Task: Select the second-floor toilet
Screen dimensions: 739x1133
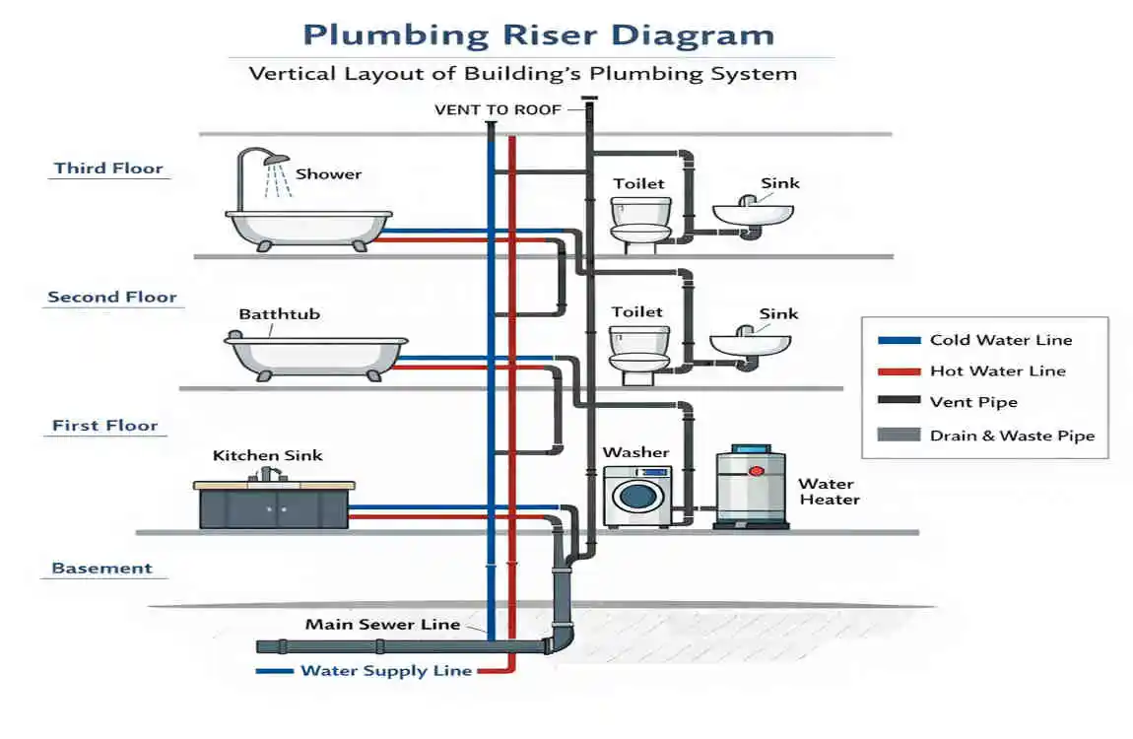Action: coord(639,350)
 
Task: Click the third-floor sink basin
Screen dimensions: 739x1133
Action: coord(754,213)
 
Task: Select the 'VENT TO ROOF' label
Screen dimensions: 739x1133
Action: coord(498,110)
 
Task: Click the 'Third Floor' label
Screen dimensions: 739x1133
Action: coord(108,168)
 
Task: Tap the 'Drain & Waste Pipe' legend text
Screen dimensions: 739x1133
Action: coord(1012,436)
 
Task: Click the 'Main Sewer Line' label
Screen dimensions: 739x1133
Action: coord(382,624)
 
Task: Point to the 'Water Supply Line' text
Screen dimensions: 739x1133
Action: coord(386,671)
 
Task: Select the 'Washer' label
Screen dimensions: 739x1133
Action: coord(635,452)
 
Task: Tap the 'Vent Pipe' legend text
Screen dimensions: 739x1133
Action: coord(973,403)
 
